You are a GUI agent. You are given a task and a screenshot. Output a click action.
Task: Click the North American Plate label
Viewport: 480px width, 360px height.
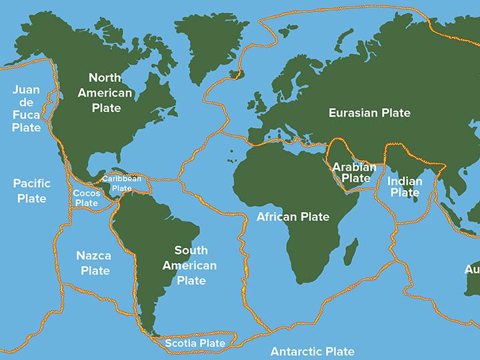(105, 92)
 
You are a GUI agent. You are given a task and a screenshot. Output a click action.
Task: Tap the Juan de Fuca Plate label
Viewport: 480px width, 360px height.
(26, 109)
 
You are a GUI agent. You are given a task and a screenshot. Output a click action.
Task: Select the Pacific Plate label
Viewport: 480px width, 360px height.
(31, 190)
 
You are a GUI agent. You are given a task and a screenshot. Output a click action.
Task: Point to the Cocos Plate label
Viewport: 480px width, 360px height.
(86, 197)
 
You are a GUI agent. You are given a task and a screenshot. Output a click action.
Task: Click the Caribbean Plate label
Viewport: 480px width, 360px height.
(121, 183)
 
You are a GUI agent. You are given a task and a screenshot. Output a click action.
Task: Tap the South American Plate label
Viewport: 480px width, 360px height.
(191, 265)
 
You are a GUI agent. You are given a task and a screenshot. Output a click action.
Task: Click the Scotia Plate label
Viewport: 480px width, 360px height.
(195, 343)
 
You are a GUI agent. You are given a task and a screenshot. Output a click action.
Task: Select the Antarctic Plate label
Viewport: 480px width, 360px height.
(312, 351)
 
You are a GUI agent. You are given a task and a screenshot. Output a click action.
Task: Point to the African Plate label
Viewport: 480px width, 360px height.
(293, 217)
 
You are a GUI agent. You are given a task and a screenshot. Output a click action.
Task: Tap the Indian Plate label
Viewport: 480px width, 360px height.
(405, 187)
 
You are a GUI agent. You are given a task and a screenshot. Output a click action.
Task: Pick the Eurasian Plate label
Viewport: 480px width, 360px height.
(369, 113)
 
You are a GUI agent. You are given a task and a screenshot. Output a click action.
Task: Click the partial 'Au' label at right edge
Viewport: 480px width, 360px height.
(472, 270)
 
